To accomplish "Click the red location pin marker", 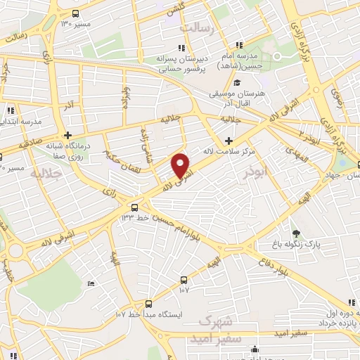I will click(x=181, y=165).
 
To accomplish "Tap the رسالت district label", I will click(x=196, y=27).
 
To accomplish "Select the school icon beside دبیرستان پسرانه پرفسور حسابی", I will click(x=181, y=48).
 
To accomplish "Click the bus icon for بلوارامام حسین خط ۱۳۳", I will click(x=134, y=207).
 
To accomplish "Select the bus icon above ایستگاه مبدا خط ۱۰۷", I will click(x=148, y=304).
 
